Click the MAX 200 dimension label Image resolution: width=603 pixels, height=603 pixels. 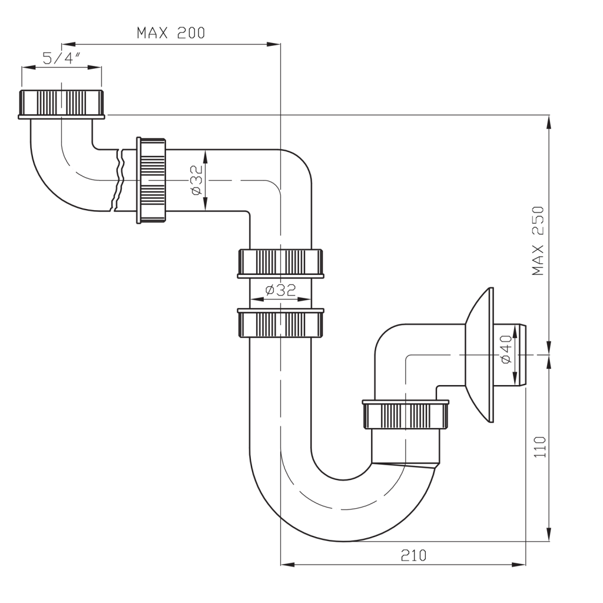click(171, 32)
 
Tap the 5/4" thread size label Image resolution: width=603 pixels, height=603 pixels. click(61, 58)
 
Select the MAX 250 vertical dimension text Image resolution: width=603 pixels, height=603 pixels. click(538, 241)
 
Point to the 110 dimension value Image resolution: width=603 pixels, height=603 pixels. click(541, 448)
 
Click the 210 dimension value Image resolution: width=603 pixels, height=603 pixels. click(413, 555)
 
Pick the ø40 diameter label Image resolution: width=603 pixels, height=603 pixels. click(505, 351)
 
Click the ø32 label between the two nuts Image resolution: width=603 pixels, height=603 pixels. click(280, 290)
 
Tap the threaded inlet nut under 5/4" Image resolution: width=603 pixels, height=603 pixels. click(62, 104)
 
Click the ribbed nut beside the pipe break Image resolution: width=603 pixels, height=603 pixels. click(152, 180)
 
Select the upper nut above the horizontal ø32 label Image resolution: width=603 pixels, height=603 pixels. click(280, 263)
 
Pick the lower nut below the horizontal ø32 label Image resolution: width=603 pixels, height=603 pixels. click(280, 323)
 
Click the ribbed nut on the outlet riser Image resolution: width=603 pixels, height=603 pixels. click(406, 415)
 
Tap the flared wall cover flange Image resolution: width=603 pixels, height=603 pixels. click(479, 355)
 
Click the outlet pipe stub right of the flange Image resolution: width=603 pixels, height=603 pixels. click(521, 355)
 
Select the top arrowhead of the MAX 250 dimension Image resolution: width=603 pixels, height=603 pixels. click(549, 121)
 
